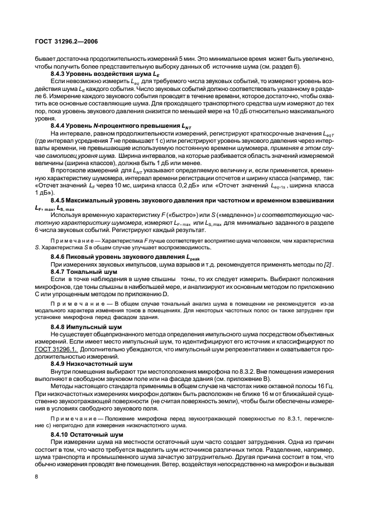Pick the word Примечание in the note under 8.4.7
(74, 302)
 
